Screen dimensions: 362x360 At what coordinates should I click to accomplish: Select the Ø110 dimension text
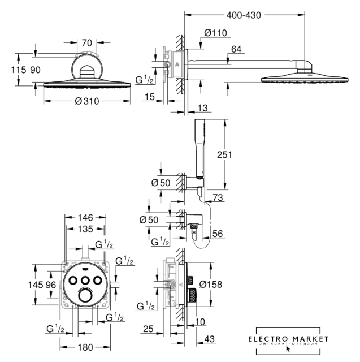[x=216, y=33]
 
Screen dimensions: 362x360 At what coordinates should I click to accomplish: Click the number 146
[x=86, y=217]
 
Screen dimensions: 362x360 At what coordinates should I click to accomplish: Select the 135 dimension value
[x=86, y=229]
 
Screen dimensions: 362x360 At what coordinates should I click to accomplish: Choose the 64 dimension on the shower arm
[x=236, y=50]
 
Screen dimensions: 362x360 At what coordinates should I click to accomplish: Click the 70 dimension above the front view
[x=86, y=42]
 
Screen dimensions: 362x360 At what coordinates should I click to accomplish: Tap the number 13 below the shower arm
[x=203, y=108]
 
